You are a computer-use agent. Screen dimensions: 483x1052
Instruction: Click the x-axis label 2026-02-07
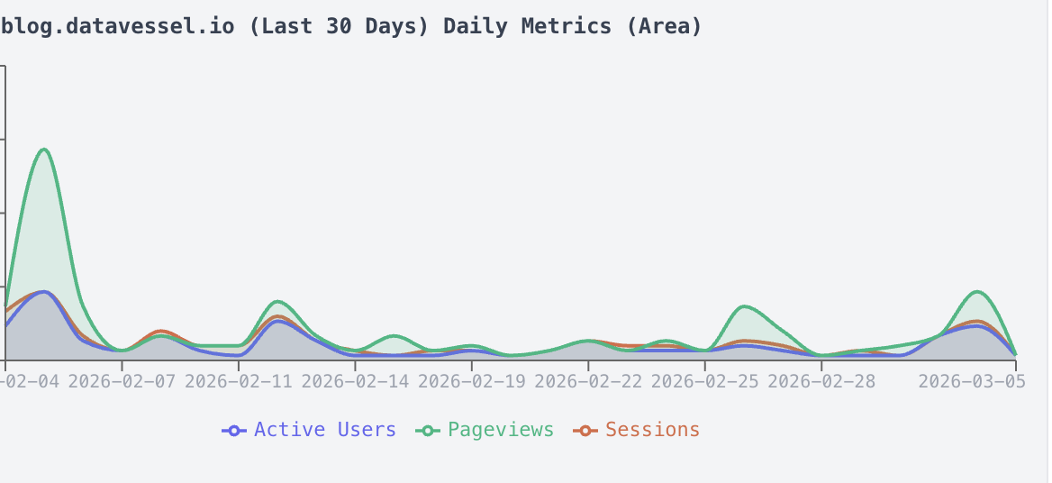pyautogui.click(x=122, y=381)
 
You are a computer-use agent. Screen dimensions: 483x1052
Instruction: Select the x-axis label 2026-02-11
pyautogui.click(x=238, y=381)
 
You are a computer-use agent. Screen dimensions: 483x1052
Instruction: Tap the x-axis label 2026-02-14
pyautogui.click(x=355, y=381)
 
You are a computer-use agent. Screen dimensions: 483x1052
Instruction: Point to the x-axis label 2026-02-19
pyautogui.click(x=471, y=381)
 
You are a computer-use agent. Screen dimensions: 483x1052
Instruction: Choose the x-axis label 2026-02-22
pyautogui.click(x=588, y=381)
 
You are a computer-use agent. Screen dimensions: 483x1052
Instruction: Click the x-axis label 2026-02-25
pyautogui.click(x=704, y=381)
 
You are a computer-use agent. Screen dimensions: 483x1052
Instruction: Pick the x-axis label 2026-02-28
pyautogui.click(x=821, y=381)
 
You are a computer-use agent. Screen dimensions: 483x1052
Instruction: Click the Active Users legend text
pyautogui.click(x=324, y=430)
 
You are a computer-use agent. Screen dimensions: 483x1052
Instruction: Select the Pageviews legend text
pyautogui.click(x=501, y=430)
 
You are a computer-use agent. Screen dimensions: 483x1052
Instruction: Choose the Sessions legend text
pyautogui.click(x=652, y=430)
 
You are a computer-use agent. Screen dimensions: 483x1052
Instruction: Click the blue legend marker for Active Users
pyautogui.click(x=234, y=431)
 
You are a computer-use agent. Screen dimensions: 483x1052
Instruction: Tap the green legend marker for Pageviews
pyautogui.click(x=428, y=431)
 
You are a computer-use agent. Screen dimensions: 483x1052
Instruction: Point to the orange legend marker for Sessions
pyautogui.click(x=585, y=431)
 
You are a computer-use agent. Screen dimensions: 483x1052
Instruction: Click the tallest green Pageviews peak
pyautogui.click(x=44, y=150)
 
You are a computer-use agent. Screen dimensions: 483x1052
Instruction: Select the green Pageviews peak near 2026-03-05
pyautogui.click(x=978, y=292)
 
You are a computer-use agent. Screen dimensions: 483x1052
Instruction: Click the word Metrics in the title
pyautogui.click(x=572, y=26)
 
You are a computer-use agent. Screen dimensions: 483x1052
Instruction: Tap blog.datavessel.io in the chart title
pyautogui.click(x=118, y=26)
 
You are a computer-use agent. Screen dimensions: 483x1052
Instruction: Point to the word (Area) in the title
pyautogui.click(x=665, y=26)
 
